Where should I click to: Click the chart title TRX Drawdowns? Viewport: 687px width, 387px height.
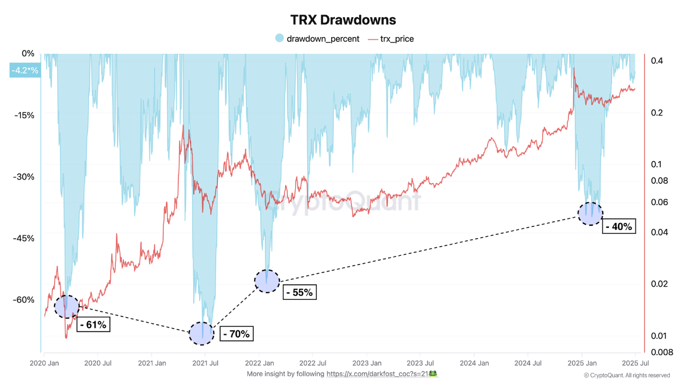[x=343, y=20]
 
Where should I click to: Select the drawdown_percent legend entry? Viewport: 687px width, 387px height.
[x=317, y=39]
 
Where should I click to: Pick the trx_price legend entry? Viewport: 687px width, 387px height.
[x=391, y=39]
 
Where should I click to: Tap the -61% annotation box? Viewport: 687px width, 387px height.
[x=93, y=325]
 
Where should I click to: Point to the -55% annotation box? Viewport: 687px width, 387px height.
[x=299, y=292]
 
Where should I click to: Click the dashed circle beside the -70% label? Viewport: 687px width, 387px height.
[x=201, y=333]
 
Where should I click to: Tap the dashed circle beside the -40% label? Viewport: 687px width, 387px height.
[x=590, y=213]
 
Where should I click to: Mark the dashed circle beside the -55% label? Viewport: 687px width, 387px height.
[x=267, y=281]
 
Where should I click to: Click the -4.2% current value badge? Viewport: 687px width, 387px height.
[x=25, y=70]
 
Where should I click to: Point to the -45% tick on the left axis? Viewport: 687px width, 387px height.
[x=23, y=238]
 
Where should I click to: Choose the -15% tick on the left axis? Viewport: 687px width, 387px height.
[x=23, y=115]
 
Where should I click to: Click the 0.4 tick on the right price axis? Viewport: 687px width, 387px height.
[x=657, y=61]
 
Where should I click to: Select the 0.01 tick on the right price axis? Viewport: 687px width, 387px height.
[x=659, y=336]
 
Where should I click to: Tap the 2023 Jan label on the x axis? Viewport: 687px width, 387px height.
[x=367, y=364]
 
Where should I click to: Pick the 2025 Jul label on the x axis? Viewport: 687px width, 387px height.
[x=635, y=364]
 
